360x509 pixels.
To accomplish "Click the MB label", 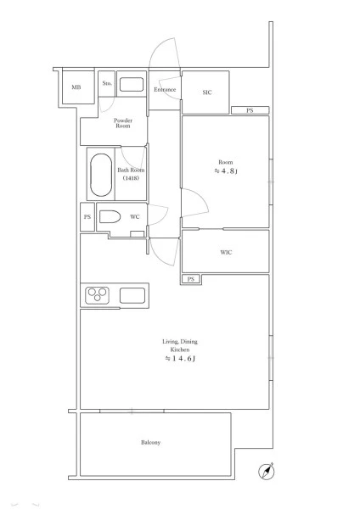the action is coord(76,87).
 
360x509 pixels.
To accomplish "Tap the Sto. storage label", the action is coord(107,83).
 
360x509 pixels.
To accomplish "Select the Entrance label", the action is coord(165,90).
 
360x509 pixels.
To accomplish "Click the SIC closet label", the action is coord(207,92).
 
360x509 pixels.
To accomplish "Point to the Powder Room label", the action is coord(123,123).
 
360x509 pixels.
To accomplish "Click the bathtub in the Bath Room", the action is coord(101,175).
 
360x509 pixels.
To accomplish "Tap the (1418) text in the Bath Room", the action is coord(131,178).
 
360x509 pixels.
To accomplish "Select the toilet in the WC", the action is coord(110,216).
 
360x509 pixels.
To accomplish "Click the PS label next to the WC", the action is coord(87,217).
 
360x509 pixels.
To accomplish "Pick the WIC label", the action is coord(226,252).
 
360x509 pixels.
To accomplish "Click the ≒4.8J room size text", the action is coord(226,171).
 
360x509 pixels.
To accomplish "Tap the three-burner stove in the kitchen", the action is coord(97,295).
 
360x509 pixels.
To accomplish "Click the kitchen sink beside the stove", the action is coord(132,295).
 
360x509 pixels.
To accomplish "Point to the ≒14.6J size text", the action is coord(180,359).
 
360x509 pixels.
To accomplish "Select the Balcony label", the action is coord(151,443).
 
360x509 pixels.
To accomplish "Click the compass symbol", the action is coord(267,472).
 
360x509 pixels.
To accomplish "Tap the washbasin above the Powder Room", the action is coord(132,84).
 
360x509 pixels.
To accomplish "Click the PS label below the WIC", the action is coord(191,279).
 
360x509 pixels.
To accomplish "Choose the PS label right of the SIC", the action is coord(250,110).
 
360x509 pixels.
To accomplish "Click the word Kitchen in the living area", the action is coord(180,350).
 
